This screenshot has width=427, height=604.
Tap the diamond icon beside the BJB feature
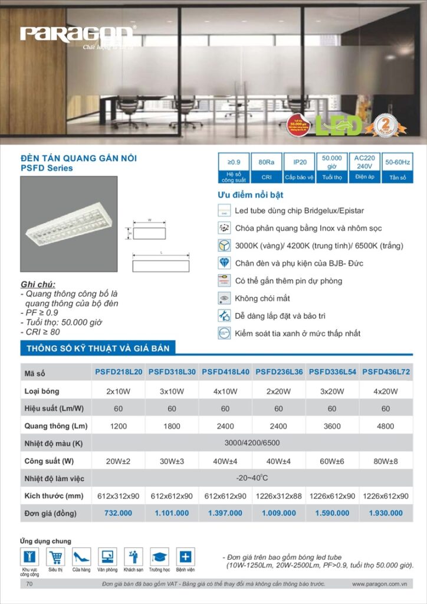pyautogui.click(x=224, y=263)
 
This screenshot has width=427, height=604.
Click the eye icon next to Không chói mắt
pyautogui.click(x=224, y=298)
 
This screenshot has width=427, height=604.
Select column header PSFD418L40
pyautogui.click(x=225, y=372)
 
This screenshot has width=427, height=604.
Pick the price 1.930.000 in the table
pyautogui.click(x=386, y=513)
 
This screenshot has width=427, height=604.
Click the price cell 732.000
pyautogui.click(x=118, y=513)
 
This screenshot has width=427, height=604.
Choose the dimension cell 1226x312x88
pyautogui.click(x=278, y=496)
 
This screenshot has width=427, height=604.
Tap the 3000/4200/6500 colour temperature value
pyautogui.click(x=252, y=443)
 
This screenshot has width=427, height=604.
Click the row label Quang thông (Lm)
pyautogui.click(x=56, y=426)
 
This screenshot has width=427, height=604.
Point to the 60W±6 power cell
pyautogui.click(x=332, y=461)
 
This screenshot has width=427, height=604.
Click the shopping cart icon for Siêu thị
pyautogui.click(x=56, y=556)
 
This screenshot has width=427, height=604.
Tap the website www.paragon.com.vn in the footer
pyautogui.click(x=380, y=584)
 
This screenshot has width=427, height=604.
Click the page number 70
pyautogui.click(x=29, y=584)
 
